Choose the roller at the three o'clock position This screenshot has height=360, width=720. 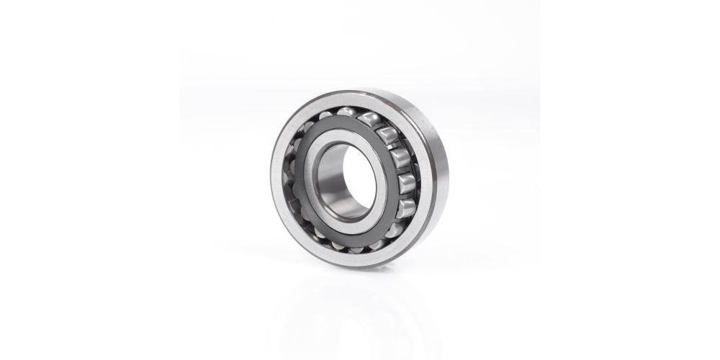(x=406, y=183)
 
